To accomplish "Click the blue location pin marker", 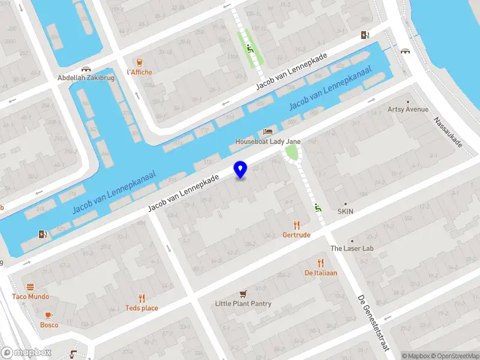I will [x=241, y=170].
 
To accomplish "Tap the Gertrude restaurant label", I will [x=296, y=235].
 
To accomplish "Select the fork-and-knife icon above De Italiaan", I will [x=321, y=263].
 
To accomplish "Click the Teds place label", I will [x=142, y=308].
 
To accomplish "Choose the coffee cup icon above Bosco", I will [x=49, y=315].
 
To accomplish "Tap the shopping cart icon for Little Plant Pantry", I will [x=243, y=293].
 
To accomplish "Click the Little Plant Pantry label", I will [x=243, y=304].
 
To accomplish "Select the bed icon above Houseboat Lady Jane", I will [x=268, y=131].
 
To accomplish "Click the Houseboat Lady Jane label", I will [x=268, y=142].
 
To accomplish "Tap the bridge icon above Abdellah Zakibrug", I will [x=86, y=69].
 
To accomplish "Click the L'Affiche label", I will [x=140, y=72].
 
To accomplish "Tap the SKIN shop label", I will [x=346, y=212].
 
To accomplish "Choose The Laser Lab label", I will [x=352, y=248].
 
